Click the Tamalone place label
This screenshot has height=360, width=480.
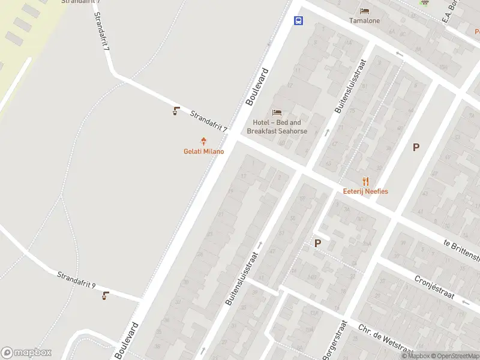tap(365, 20)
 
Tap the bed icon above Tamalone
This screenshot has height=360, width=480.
tap(365, 10)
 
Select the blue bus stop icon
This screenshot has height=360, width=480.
tap(298, 20)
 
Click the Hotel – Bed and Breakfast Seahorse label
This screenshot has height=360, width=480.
tap(277, 127)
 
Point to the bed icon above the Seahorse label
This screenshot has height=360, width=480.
tap(277, 112)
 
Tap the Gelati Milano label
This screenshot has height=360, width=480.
tap(203, 151)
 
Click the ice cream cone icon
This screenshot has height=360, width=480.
tap(204, 142)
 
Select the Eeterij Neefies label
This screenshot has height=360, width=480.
tap(365, 191)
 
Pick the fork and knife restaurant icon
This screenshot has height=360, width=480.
tap(365, 181)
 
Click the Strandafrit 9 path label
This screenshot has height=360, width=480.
tap(76, 280)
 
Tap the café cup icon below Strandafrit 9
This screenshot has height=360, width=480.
tap(106, 295)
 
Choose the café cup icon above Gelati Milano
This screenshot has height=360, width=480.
tap(176, 111)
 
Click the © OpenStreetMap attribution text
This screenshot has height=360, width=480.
tap(456, 356)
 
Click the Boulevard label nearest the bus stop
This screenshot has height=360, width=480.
tap(256, 87)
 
